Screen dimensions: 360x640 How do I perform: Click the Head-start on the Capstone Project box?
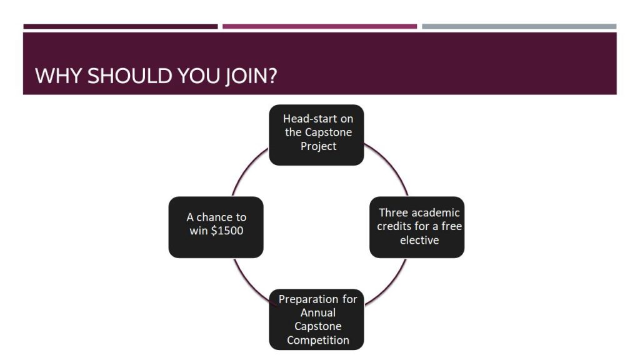coord(316,134)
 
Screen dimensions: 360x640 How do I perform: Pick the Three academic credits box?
coord(417,226)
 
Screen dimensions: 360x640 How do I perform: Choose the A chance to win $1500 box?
coord(216,226)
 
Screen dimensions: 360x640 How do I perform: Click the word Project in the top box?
coord(318,146)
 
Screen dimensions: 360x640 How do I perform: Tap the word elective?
coord(419,240)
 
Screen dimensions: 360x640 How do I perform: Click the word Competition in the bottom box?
coord(319,341)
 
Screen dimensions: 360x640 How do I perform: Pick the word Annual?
coord(318,312)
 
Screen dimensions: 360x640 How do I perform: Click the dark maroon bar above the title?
coord(121,26)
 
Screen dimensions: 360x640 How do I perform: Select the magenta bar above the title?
coord(319,26)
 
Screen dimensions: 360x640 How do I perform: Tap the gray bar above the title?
coord(519,26)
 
